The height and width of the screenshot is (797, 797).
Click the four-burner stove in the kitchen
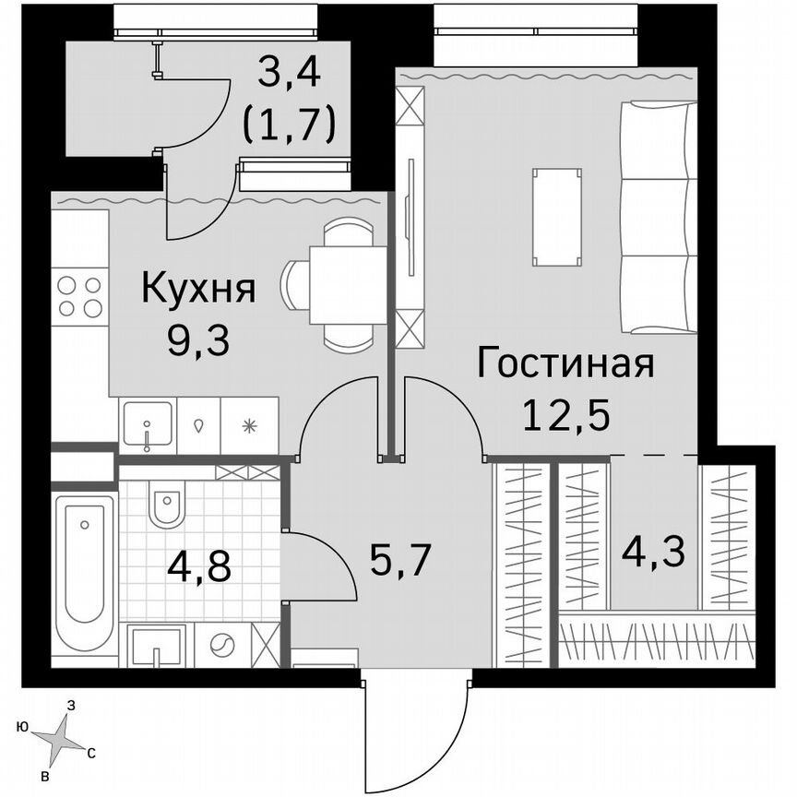pos(79,296)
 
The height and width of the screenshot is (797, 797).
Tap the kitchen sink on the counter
pos(148,425)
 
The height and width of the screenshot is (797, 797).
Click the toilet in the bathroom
pos(168,506)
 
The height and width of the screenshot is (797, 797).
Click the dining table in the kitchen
pos(347,284)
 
